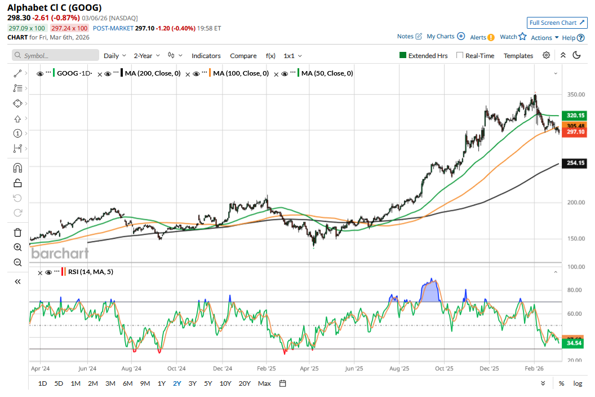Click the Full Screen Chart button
[557, 23]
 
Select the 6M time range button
[127, 383]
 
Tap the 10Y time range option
[225, 383]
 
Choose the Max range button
[264, 383]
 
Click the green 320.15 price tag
[575, 115]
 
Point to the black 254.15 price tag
[575, 163]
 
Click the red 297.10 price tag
[575, 132]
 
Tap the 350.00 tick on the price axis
[575, 95]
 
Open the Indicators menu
[206, 56]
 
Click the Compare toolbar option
[243, 56]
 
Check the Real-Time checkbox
[460, 55]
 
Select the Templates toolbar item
[518, 56]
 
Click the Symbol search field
[56, 56]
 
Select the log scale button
[578, 383]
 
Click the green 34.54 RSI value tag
[575, 343]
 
